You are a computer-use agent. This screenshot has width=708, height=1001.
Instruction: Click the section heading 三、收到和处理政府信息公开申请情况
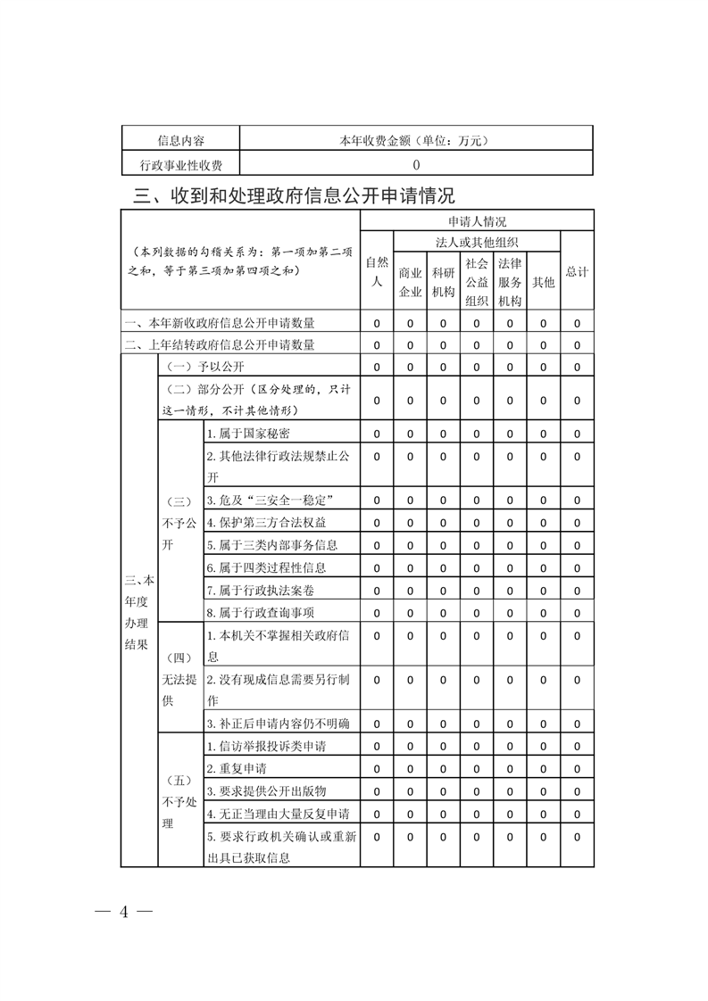click(x=294, y=195)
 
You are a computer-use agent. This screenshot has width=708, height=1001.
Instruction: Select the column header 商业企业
click(x=410, y=282)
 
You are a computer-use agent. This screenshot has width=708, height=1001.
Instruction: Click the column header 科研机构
click(x=443, y=282)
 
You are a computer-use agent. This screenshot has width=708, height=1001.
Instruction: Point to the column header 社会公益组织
click(x=476, y=282)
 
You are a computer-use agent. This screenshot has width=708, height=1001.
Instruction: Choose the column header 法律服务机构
click(x=509, y=282)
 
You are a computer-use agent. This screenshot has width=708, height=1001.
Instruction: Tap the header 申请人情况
click(x=477, y=221)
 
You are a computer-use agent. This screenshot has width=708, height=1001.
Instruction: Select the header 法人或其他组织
click(x=477, y=243)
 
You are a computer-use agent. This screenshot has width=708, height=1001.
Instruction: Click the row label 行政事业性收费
click(x=181, y=164)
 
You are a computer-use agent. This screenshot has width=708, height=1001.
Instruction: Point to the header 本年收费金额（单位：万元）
click(x=416, y=141)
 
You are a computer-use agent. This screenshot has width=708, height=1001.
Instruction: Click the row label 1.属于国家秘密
click(x=245, y=434)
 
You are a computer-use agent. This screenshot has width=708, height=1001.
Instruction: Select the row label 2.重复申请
click(x=237, y=768)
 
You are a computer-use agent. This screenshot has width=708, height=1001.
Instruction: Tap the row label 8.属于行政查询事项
click(x=260, y=612)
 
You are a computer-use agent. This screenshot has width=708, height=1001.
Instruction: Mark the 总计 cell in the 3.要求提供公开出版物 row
click(x=577, y=790)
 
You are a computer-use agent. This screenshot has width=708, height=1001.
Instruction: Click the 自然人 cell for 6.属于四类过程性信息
click(x=376, y=567)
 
